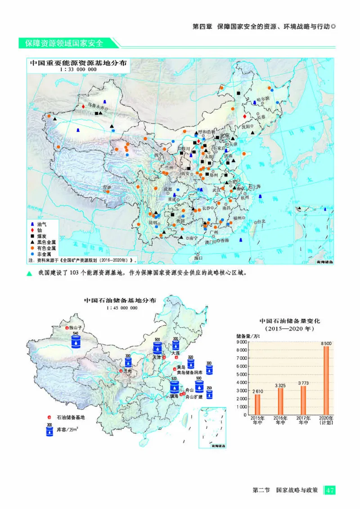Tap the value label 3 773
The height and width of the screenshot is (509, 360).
303,383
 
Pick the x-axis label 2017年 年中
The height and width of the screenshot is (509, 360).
303,420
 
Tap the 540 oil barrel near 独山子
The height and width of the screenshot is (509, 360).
76,341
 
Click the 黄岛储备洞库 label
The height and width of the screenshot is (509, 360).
189,373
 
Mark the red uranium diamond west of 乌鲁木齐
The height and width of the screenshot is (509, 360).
83,106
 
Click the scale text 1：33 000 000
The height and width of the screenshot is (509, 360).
78,70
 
